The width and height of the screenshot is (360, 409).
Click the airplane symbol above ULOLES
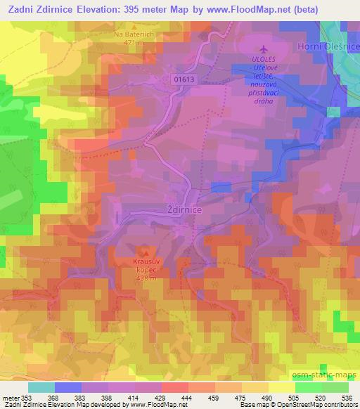(264, 50)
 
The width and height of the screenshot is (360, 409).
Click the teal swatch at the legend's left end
(41, 387)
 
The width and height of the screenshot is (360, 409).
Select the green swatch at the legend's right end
(335, 387)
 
